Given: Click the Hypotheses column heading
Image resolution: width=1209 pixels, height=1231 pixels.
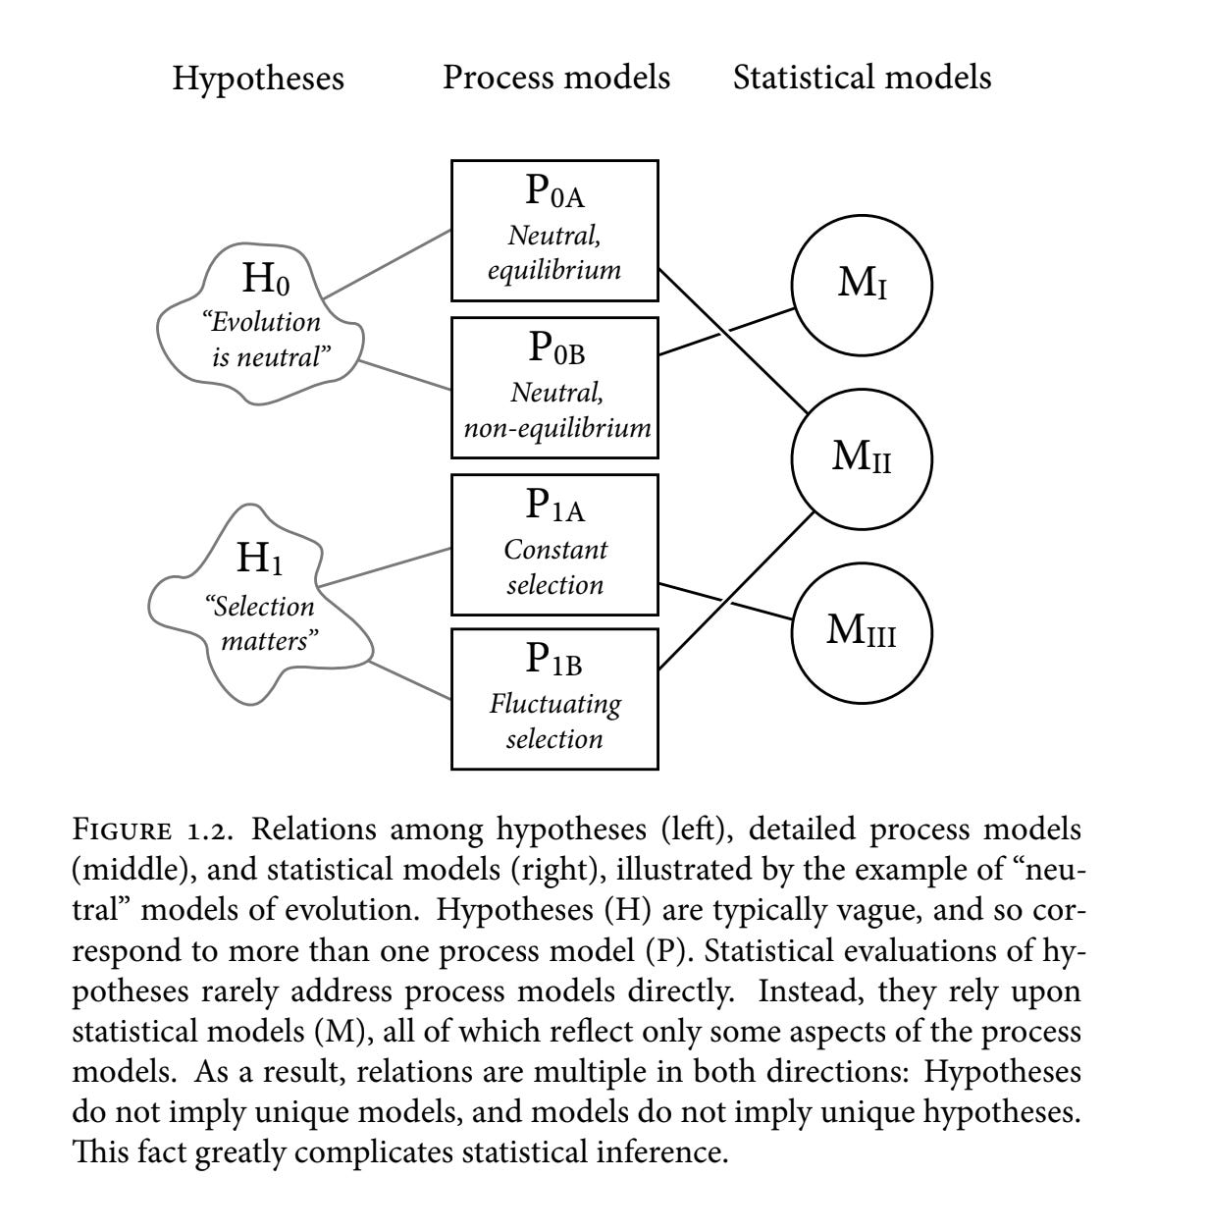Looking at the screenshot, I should (258, 78).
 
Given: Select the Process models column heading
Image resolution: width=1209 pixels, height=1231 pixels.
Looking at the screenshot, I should (555, 77).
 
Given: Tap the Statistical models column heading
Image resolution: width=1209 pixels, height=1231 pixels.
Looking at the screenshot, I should (862, 77).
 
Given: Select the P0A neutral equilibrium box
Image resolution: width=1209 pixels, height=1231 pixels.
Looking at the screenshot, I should (554, 231).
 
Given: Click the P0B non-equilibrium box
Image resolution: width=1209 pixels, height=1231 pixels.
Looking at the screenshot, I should (554, 387).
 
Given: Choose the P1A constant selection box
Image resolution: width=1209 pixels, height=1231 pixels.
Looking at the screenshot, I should (554, 545).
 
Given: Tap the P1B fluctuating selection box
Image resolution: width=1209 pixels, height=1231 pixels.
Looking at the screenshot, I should (554, 699).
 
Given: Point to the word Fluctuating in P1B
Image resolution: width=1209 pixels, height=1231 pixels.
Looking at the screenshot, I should (555, 704).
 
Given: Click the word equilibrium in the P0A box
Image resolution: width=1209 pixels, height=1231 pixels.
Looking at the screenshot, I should (554, 269).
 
